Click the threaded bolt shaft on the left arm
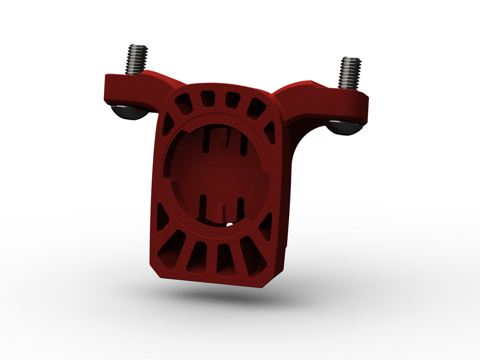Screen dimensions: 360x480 pos(136,59)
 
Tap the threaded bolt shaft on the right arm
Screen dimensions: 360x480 pos(350,72)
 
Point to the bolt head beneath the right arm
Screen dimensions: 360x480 pos(344,128)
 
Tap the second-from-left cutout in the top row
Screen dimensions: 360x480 pos(207,98)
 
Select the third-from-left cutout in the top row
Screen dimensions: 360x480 pos(232,100)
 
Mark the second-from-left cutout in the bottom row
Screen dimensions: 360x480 pos(197,257)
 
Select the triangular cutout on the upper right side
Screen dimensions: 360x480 pos(270,132)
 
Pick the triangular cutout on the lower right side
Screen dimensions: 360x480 pos(266,227)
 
